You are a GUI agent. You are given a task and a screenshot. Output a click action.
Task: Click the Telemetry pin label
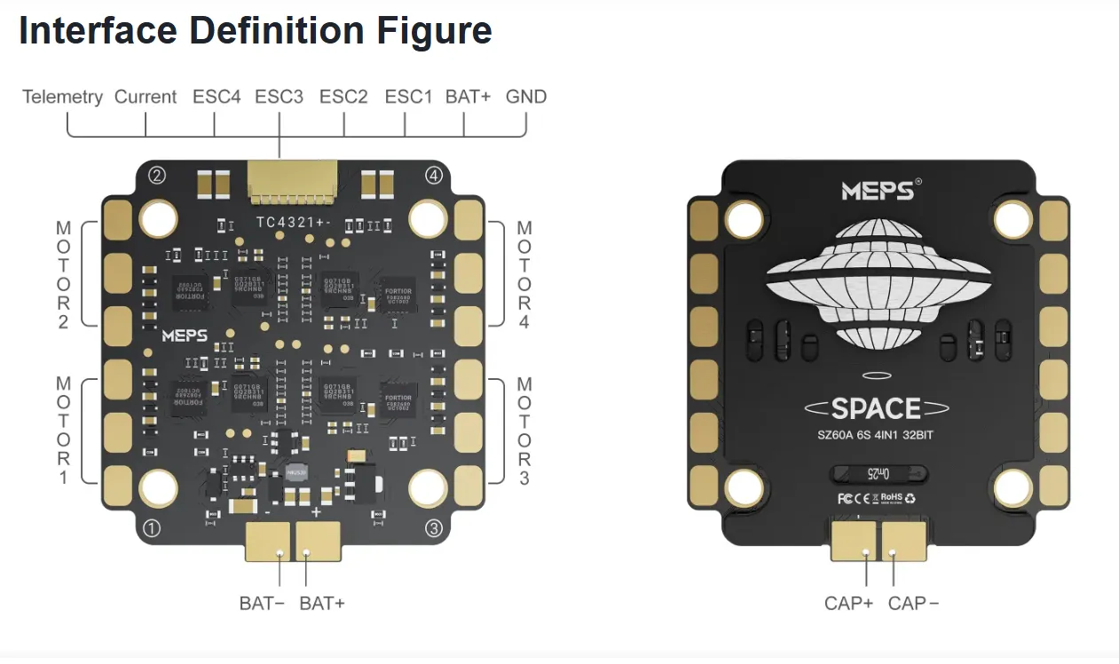click(x=62, y=97)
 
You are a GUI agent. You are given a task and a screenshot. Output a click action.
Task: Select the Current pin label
click(x=146, y=97)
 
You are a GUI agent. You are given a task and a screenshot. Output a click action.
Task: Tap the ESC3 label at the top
click(x=279, y=97)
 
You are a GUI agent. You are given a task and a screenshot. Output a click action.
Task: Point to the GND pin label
click(x=526, y=97)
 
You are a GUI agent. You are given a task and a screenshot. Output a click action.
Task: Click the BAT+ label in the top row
click(x=468, y=97)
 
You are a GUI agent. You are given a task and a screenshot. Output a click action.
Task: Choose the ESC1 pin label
click(x=408, y=97)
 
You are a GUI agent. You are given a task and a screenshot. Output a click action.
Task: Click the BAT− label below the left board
click(x=262, y=604)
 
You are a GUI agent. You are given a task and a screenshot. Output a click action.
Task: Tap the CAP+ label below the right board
click(x=848, y=604)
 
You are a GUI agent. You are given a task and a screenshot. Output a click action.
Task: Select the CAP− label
click(x=913, y=604)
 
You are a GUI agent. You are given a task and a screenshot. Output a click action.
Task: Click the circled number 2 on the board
click(x=157, y=175)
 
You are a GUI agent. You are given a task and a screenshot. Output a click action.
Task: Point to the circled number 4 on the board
click(x=434, y=175)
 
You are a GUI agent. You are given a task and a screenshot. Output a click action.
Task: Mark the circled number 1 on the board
click(x=152, y=529)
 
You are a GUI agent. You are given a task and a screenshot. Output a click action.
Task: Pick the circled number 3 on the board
click(x=434, y=529)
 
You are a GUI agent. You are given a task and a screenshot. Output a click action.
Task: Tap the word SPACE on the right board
click(x=876, y=408)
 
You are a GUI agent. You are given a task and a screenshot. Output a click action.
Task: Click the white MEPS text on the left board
click(x=185, y=336)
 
